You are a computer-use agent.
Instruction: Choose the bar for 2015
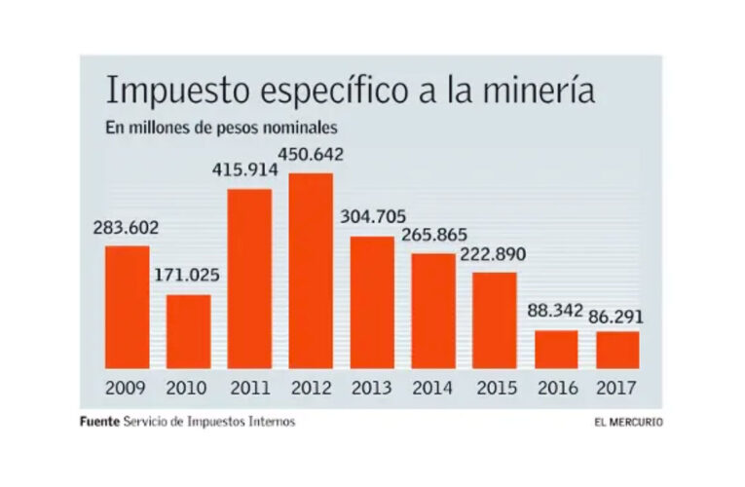(495, 320)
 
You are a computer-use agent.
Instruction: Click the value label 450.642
(311, 154)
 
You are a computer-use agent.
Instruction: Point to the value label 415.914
(245, 169)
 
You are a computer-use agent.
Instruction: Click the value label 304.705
(373, 216)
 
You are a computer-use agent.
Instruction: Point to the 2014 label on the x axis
(433, 389)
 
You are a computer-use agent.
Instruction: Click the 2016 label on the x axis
(556, 389)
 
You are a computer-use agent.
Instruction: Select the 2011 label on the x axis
(249, 389)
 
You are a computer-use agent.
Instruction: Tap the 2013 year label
(372, 389)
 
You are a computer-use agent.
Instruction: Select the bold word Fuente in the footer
(99, 422)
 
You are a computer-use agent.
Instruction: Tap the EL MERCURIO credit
(629, 423)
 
